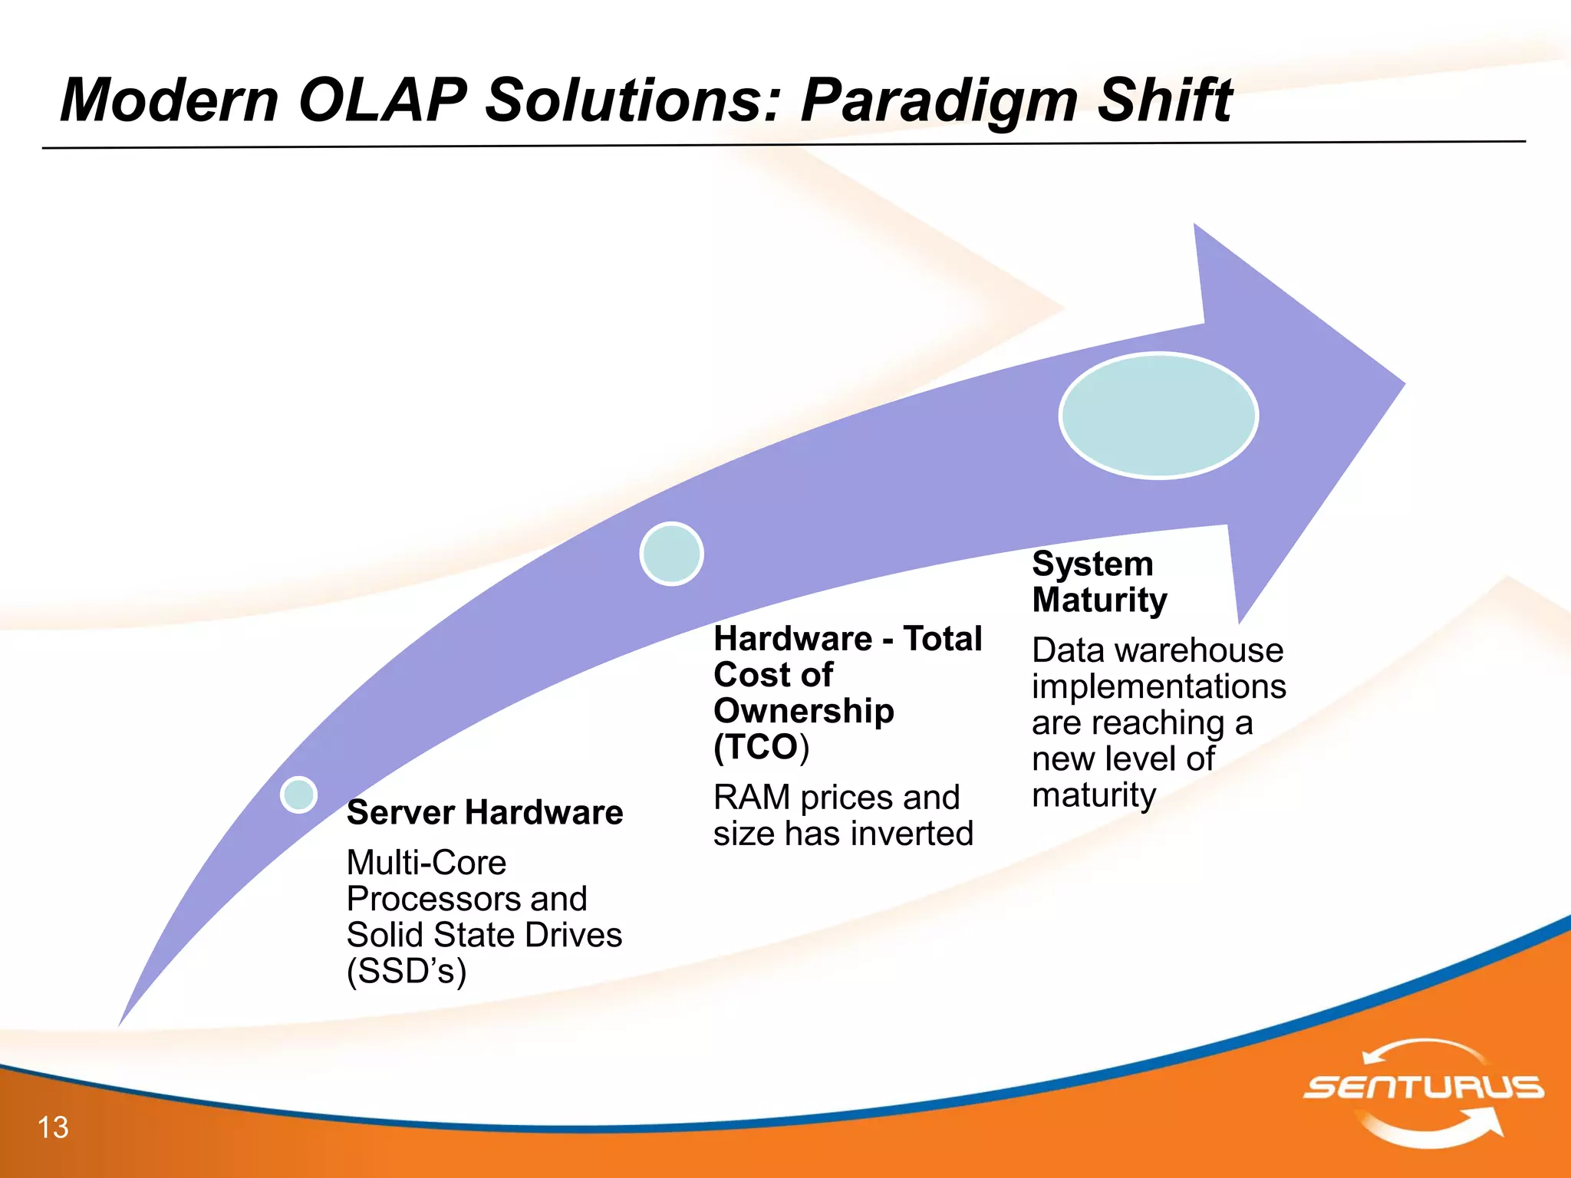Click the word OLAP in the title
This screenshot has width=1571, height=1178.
[382, 100]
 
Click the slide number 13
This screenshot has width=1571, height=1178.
[53, 1127]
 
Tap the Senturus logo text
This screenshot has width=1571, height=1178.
[1423, 1088]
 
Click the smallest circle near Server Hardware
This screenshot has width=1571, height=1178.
[298, 794]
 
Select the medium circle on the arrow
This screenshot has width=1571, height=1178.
[671, 554]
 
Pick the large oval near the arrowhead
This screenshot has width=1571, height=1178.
[1158, 416]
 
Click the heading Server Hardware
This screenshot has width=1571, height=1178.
[485, 812]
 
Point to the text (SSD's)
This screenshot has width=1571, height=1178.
[407, 971]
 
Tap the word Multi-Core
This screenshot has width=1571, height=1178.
[427, 863]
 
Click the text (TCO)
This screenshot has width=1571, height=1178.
[761, 747]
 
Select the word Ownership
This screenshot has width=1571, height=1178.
[803, 711]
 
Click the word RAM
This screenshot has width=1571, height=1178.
[752, 798]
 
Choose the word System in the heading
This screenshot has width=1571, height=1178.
[1092, 564]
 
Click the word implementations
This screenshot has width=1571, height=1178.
[1158, 686]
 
